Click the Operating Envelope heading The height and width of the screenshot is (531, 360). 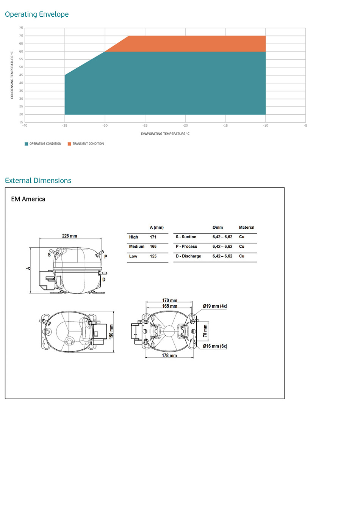[x=37, y=14]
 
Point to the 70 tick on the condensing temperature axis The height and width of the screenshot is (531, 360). [x=21, y=36]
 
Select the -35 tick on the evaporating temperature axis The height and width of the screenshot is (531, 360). [x=65, y=126]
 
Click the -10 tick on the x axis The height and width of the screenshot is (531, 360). [x=266, y=126]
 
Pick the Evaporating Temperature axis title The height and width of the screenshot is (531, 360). [x=165, y=134]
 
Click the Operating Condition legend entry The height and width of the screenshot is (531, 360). [x=43, y=144]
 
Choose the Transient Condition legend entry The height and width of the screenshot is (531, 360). [x=86, y=144]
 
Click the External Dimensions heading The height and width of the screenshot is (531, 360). [x=38, y=181]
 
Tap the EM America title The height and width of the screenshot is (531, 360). [x=28, y=199]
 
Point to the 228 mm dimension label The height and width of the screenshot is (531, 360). [x=70, y=236]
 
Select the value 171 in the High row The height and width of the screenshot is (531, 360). [x=153, y=237]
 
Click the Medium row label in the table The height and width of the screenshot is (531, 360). [x=136, y=247]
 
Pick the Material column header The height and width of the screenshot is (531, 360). [x=247, y=228]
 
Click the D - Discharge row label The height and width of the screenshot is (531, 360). [x=188, y=256]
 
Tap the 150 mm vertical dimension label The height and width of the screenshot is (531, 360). [x=111, y=331]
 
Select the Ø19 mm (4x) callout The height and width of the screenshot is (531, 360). [x=215, y=306]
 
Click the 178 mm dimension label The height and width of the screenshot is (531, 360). [x=169, y=355]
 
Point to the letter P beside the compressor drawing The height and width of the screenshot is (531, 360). [x=106, y=257]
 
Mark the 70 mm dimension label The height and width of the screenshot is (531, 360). [x=205, y=330]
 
